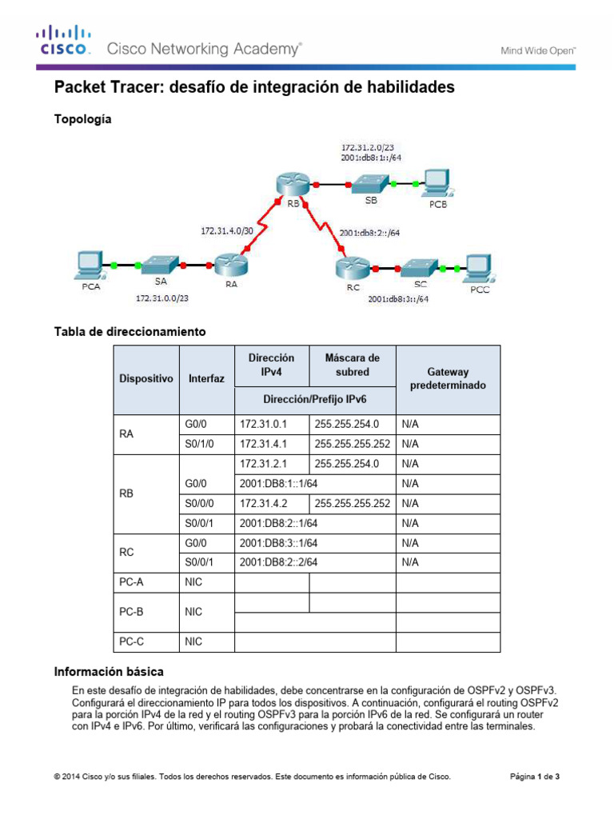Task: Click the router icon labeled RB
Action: [x=285, y=184]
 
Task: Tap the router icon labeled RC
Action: [x=349, y=264]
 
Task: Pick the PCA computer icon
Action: [x=88, y=264]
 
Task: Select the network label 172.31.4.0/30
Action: [x=226, y=230]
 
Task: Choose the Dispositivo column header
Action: [x=146, y=379]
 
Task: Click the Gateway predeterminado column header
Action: [x=448, y=379]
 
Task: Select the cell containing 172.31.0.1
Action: [x=271, y=423]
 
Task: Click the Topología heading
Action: [x=82, y=119]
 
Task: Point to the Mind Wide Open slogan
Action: [x=538, y=50]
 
